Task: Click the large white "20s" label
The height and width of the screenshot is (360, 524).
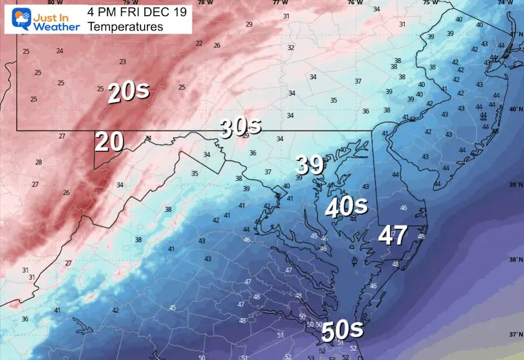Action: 128,92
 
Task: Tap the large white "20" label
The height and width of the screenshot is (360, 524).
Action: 109,141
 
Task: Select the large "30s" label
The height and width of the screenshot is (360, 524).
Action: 241,126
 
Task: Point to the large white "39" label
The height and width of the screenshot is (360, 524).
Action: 310,165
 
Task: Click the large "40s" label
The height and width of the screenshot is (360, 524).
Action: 345,206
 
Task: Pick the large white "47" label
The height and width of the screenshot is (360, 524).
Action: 393,235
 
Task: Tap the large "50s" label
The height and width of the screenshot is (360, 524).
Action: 342,332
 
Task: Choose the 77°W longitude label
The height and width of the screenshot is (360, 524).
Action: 279,3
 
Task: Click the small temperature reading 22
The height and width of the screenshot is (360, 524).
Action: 199,43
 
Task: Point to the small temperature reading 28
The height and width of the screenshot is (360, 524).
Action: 39,162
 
